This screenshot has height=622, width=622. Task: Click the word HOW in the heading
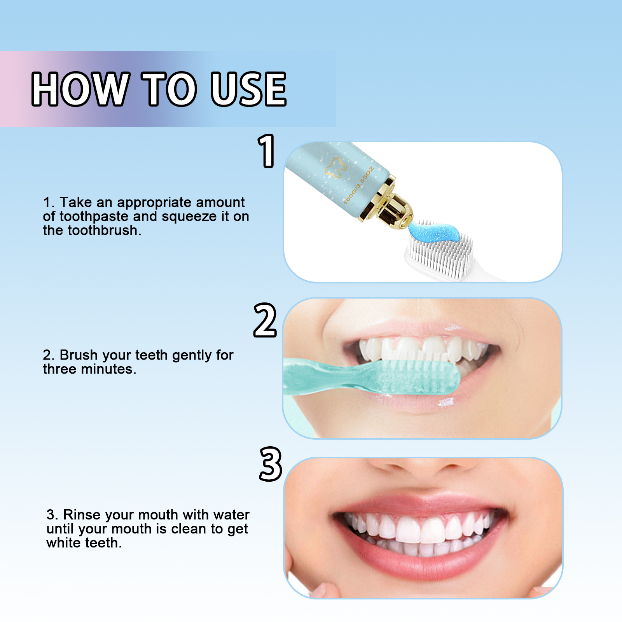80,89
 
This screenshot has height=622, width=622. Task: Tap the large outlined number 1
267,151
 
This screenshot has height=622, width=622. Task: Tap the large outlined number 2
265,320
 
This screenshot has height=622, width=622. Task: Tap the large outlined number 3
270,464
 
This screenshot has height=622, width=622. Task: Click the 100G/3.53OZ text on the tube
358,186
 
